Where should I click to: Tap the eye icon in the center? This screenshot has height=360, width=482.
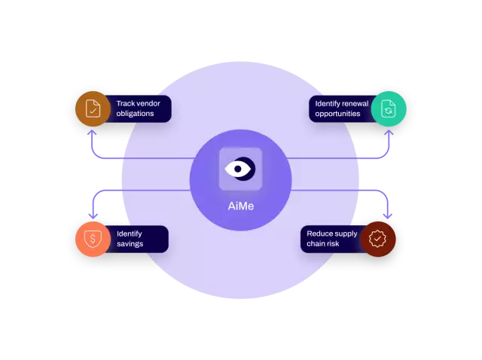(240, 169)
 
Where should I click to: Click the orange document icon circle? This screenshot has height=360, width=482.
(92, 108)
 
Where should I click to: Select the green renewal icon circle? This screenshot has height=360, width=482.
(389, 108)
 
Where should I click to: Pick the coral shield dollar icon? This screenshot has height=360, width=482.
(92, 239)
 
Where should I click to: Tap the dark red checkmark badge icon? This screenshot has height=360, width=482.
(378, 239)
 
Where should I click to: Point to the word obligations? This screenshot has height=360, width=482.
(136, 114)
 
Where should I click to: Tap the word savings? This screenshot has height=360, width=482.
(130, 244)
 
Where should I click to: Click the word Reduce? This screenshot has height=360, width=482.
(319, 233)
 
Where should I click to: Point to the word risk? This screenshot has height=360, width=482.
(340, 244)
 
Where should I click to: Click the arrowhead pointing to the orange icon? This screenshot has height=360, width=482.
(92, 133)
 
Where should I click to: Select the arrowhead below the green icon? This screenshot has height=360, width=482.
(389, 133)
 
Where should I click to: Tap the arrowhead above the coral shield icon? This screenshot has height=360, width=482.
(92, 215)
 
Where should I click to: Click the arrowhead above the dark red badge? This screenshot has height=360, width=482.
(389, 215)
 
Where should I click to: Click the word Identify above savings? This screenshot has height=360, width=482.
(130, 233)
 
